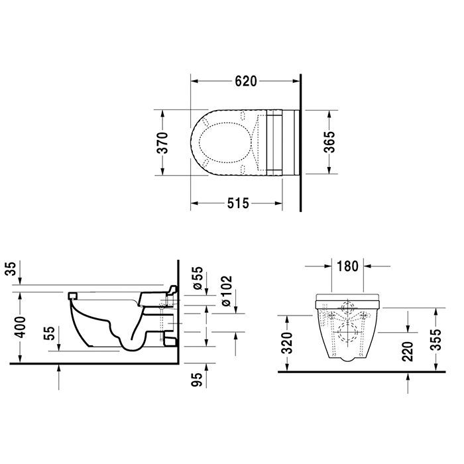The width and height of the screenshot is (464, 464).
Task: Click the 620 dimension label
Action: tap(245, 82)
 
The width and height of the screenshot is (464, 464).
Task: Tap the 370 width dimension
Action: tap(162, 143)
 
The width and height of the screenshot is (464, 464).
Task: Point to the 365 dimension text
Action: tap(329, 143)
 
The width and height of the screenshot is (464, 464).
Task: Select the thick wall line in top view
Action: tap(300, 143)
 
